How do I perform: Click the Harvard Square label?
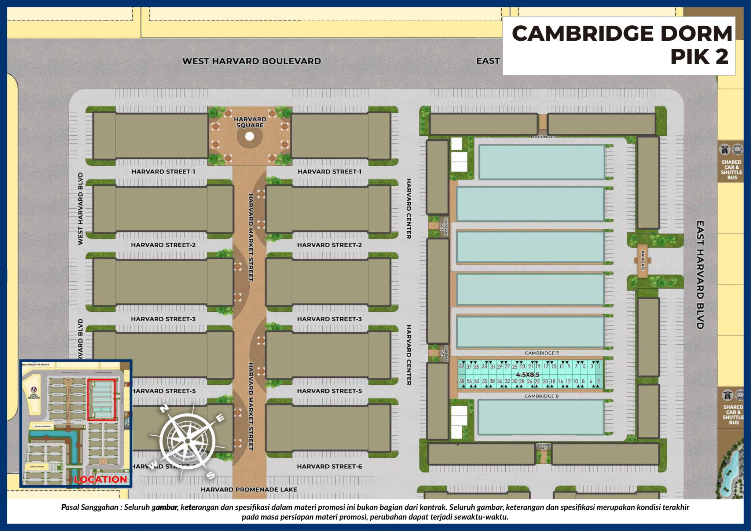(250, 122)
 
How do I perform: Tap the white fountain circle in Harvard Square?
(250, 136)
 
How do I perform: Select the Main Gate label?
(642, 260)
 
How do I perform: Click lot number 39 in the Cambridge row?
(461, 366)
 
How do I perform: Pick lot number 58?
(462, 381)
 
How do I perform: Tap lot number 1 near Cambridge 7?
(599, 366)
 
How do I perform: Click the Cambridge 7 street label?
(542, 353)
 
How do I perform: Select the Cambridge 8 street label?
(541, 396)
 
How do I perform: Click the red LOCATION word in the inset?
(100, 479)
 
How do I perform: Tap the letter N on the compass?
(164, 409)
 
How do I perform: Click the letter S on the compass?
(210, 475)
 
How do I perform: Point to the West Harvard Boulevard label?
(252, 61)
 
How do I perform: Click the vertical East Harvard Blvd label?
(700, 275)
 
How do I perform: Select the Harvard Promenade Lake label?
(249, 490)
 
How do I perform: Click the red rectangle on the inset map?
(102, 400)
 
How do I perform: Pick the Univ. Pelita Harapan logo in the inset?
(34, 389)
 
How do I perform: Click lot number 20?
(545, 381)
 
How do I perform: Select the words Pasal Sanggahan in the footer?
(89, 508)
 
